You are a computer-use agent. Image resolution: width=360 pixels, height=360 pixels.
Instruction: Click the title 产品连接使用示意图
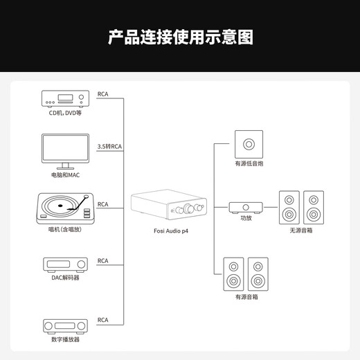(x=180, y=37)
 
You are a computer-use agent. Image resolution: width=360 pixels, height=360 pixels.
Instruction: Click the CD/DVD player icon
(x=66, y=98)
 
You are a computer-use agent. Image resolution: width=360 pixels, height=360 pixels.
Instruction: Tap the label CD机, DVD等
(x=66, y=113)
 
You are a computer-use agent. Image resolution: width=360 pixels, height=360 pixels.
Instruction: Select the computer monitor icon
(x=66, y=150)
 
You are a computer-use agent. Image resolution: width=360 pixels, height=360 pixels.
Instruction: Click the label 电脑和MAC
(x=66, y=174)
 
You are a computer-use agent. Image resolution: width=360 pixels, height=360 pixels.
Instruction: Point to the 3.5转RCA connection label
(x=109, y=146)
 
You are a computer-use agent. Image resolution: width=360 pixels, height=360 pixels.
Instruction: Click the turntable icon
(x=66, y=209)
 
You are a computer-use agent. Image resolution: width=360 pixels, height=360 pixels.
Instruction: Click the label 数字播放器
(x=66, y=339)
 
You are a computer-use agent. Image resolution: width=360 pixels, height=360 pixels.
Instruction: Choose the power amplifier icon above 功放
(x=246, y=206)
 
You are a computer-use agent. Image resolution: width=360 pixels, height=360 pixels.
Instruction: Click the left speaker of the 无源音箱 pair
(x=289, y=207)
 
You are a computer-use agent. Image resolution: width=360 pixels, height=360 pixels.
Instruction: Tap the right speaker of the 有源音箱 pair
(x=258, y=274)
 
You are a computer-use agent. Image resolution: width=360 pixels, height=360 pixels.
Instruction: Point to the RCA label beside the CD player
(x=103, y=93)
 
